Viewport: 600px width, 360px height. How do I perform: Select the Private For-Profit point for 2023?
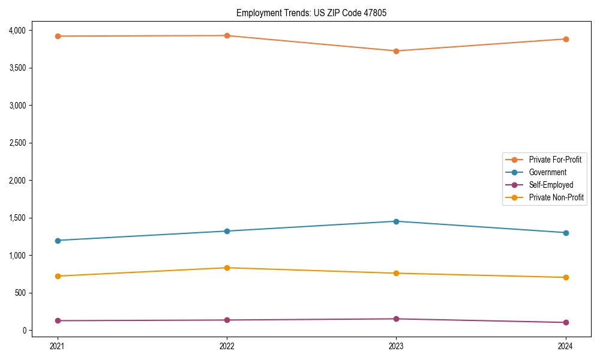point(396,51)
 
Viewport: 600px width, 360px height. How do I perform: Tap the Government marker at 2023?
point(396,221)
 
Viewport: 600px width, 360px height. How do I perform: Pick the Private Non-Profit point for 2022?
point(227,268)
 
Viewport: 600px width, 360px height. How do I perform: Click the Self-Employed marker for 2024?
point(565,322)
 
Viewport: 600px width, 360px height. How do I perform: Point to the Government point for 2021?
point(58,241)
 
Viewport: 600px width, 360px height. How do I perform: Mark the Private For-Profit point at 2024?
point(565,39)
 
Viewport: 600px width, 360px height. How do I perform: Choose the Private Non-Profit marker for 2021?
point(58,276)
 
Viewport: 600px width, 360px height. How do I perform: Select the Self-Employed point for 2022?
point(227,320)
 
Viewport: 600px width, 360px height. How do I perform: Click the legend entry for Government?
point(547,172)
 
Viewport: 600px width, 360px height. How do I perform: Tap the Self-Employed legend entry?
point(551,185)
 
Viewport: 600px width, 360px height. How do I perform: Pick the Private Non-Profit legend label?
point(556,197)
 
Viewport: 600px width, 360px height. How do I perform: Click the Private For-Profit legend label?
point(555,160)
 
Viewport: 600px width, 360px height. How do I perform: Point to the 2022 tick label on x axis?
point(227,346)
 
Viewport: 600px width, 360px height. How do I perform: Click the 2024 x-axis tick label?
point(565,346)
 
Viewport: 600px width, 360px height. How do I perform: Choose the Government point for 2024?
point(565,233)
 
